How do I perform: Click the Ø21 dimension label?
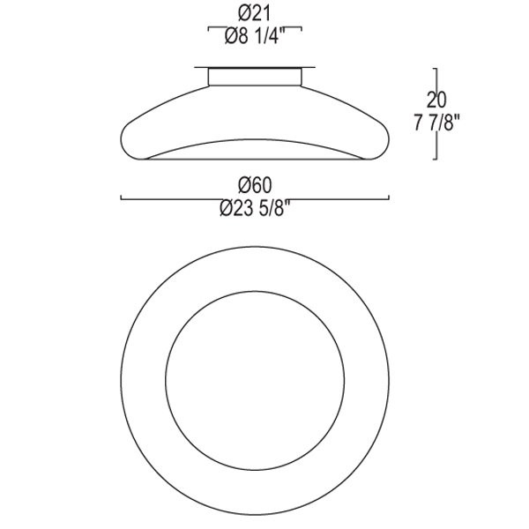click(255, 14)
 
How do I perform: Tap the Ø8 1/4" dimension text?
click(255, 36)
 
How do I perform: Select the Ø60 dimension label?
click(255, 185)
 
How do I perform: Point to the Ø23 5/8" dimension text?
click(255, 208)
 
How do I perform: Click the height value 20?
click(436, 100)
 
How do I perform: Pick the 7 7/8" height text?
click(437, 123)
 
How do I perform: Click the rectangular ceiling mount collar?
click(255, 77)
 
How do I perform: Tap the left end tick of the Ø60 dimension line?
click(121, 197)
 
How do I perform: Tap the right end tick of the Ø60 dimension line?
click(389, 197)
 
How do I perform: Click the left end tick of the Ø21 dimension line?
click(208, 29)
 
